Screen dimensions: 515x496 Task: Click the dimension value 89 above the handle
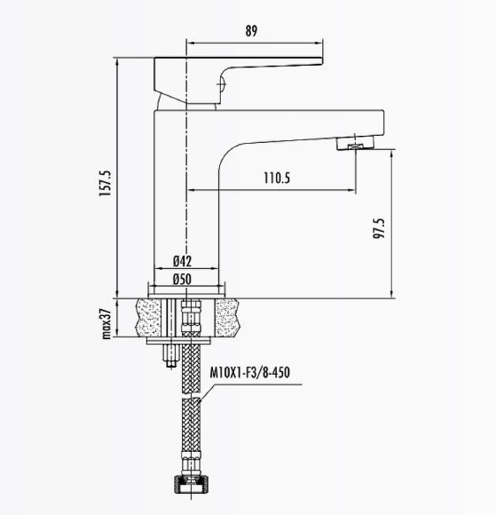[251, 31]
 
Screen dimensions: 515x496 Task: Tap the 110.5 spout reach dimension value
[276, 178]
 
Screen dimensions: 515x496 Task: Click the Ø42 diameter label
[183, 261]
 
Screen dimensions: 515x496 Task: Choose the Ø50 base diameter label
[183, 279]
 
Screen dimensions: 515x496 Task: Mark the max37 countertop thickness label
[104, 322]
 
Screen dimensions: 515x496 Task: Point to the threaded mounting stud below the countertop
[167, 356]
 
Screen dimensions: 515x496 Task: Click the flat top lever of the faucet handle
[240, 65]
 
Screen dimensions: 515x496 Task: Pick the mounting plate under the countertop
[185, 340]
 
